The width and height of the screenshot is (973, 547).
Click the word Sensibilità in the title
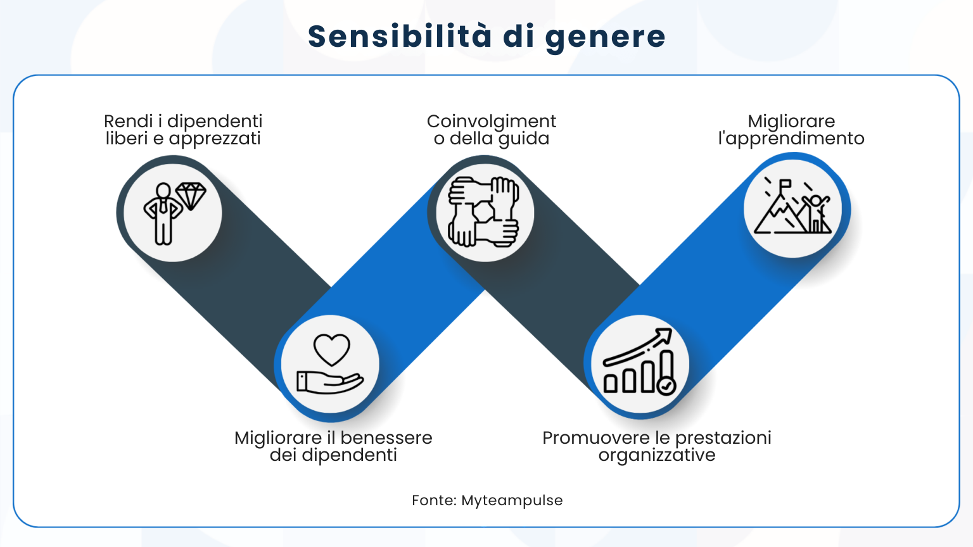tap(399, 36)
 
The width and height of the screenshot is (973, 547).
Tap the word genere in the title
tap(605, 37)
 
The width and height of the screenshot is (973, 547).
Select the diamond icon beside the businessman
tap(191, 196)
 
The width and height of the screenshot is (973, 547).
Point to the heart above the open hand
tap(332, 349)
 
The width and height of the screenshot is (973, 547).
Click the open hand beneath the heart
tap(329, 382)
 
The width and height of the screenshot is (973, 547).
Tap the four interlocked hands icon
tap(484, 211)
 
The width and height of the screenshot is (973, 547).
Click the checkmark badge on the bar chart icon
tap(666, 386)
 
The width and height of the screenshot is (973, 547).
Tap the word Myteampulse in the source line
tap(512, 500)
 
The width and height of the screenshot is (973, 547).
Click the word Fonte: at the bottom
tap(434, 500)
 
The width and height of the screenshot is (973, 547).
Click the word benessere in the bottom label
tap(386, 437)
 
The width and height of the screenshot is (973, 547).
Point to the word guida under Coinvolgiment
tap(524, 139)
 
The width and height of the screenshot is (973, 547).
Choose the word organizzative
tap(657, 455)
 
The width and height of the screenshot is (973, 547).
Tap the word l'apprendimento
tap(791, 139)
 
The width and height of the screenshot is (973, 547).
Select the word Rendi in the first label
tap(128, 121)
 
